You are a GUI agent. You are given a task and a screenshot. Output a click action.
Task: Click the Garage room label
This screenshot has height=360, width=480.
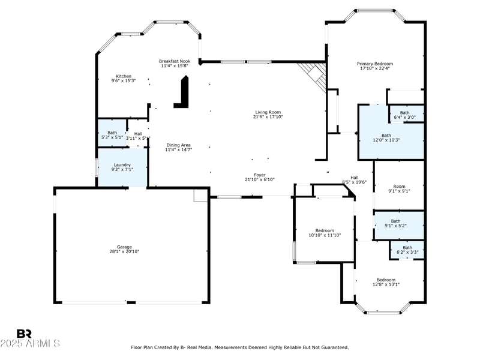124,247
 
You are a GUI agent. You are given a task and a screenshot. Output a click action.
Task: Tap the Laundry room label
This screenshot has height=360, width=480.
122,164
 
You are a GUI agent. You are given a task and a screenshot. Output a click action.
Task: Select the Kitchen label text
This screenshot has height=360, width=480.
124,76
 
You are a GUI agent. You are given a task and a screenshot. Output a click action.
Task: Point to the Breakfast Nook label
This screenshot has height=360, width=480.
175,61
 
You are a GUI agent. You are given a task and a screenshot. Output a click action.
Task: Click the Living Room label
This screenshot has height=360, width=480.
268,112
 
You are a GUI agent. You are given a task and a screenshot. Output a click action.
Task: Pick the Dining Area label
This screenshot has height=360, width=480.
178,145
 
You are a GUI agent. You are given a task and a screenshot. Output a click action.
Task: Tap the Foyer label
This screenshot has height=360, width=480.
259,175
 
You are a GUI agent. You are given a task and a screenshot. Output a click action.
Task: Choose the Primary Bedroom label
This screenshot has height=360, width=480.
375,64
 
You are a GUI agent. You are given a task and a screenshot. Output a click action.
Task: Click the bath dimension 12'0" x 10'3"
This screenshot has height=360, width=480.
386,140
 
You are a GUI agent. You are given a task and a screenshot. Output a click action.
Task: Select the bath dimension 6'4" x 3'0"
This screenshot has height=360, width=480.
405,118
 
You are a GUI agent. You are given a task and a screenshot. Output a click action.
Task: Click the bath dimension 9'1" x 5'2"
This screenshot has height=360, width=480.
395,226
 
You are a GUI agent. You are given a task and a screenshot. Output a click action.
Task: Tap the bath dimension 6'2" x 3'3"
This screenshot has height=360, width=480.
407,252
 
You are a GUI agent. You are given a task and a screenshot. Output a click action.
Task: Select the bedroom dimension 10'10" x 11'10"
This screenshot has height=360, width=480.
325,235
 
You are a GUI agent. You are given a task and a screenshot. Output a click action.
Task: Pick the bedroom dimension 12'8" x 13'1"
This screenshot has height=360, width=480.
386,284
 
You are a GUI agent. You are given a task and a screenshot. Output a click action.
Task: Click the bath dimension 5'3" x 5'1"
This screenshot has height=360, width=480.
112,137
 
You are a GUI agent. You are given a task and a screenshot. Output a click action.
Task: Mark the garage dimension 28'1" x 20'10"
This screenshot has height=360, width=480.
124,251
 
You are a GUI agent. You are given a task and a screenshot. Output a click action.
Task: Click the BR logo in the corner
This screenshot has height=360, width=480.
24,334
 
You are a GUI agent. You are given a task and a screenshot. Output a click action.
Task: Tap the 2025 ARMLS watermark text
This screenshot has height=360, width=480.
30,344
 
